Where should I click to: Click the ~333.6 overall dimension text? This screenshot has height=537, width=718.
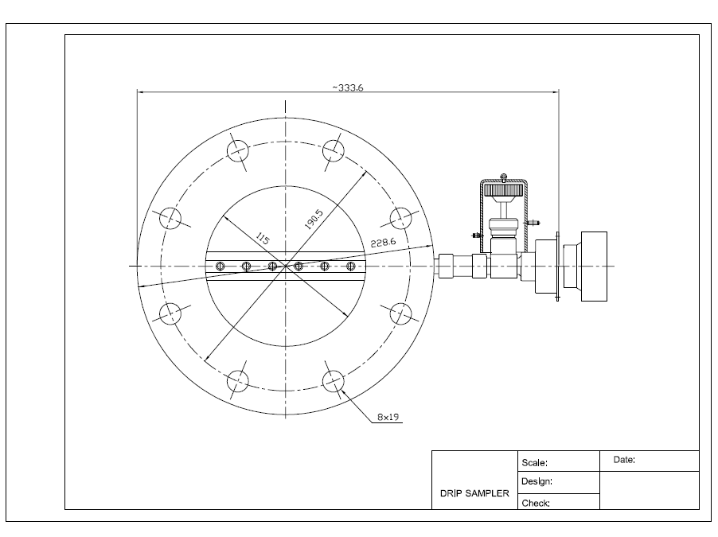[347, 88]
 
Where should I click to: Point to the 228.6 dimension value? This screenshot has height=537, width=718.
[383, 243]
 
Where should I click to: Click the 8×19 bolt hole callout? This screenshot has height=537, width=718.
[388, 416]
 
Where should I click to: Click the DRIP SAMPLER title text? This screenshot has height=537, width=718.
[474, 493]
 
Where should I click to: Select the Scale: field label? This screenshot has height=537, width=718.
[534, 462]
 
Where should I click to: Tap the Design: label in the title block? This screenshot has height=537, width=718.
[537, 481]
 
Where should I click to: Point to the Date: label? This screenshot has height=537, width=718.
[624, 460]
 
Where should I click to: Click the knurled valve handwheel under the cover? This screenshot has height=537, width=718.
[503, 190]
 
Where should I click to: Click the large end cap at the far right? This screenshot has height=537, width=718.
[593, 267]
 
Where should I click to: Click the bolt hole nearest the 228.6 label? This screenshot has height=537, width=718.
[404, 218]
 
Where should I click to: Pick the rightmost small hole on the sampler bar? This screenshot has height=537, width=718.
[350, 266]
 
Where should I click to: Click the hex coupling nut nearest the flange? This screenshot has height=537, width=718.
[449, 265]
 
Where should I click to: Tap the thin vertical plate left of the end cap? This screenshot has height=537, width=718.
[558, 267]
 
